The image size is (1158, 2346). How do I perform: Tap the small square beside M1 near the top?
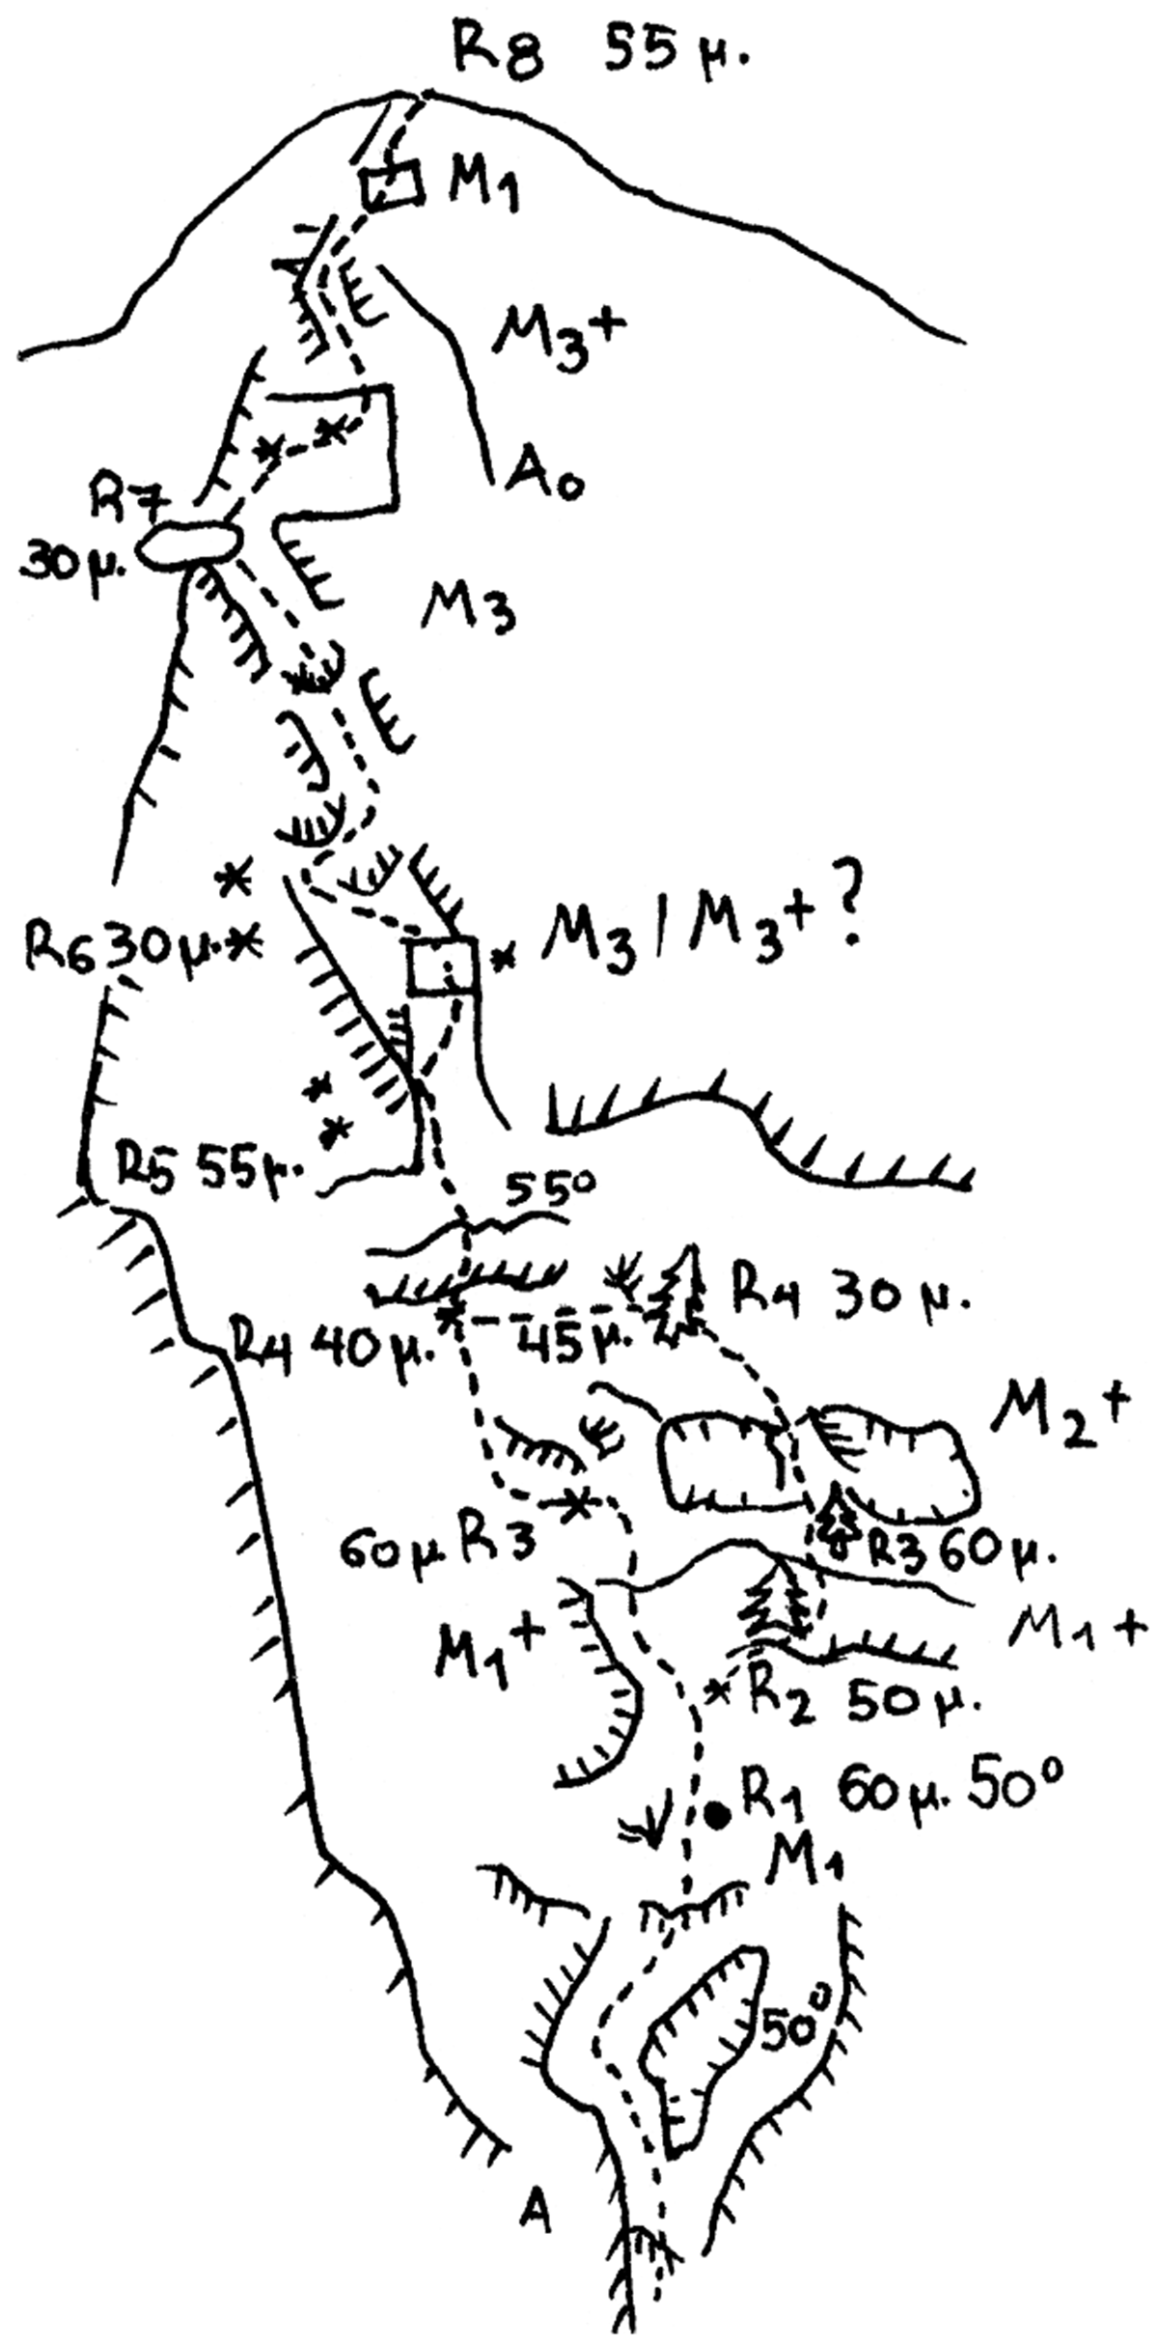(x=392, y=185)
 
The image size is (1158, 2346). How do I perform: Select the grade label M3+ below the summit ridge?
(x=559, y=330)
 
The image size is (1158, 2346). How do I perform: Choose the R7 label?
(x=125, y=502)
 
